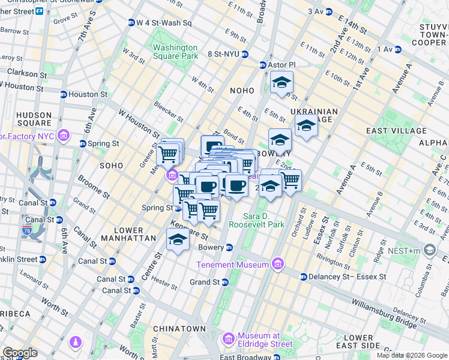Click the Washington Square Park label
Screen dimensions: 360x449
175,52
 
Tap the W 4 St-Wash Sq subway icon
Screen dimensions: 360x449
131,23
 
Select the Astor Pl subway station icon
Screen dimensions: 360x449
262,65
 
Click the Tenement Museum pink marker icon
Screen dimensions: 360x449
277,263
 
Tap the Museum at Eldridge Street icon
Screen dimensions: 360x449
229,340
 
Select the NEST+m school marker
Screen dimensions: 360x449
429,249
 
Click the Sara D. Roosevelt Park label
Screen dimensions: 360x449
272,220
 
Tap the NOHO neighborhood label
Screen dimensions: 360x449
243,90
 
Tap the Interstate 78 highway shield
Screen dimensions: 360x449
27,229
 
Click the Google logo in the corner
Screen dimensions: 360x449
20,353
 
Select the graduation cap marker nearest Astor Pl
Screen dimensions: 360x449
280,85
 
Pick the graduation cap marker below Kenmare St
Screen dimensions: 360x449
178,239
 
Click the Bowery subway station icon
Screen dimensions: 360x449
229,247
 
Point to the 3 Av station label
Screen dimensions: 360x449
315,11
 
